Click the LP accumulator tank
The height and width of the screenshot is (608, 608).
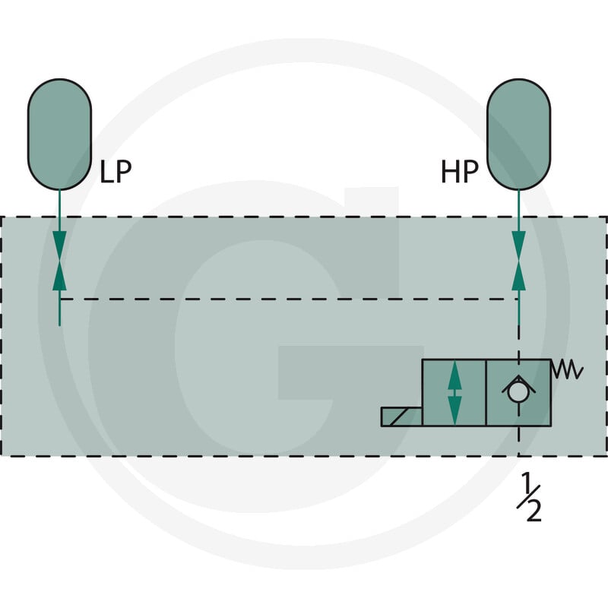point(59,135)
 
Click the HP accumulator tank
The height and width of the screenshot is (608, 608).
point(518,135)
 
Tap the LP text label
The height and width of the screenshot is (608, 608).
point(116,172)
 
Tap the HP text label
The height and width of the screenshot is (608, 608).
point(460,172)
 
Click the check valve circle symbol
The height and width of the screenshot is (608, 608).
point(518,392)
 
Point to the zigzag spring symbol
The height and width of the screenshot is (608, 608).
point(567,369)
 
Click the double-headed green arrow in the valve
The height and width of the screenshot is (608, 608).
point(454,392)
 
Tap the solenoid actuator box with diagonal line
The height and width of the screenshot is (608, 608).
point(401,416)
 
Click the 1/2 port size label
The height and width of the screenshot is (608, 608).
point(529,497)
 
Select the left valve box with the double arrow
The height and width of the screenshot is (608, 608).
point(454,393)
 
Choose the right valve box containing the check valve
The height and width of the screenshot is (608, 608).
point(518,393)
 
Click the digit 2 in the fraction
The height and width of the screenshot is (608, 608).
point(534,510)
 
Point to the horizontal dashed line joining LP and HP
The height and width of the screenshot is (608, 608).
point(289,299)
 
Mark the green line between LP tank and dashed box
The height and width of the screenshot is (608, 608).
point(59,203)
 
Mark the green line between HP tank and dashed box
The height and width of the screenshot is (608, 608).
point(518,203)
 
